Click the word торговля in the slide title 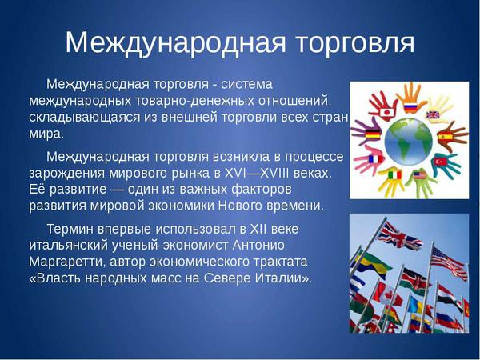click(x=355, y=43)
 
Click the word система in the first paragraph click(x=246, y=84)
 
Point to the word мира click(x=46, y=134)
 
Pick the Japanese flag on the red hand click(x=386, y=112)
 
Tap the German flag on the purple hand click(x=373, y=134)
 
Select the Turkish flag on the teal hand click(x=438, y=161)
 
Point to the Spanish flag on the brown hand click(x=445, y=136)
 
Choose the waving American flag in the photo click(x=449, y=262)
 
